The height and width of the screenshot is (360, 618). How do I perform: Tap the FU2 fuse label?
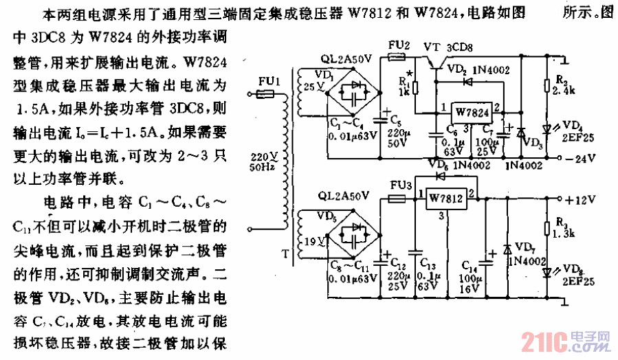point(399,45)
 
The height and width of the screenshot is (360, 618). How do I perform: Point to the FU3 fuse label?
point(401,185)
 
